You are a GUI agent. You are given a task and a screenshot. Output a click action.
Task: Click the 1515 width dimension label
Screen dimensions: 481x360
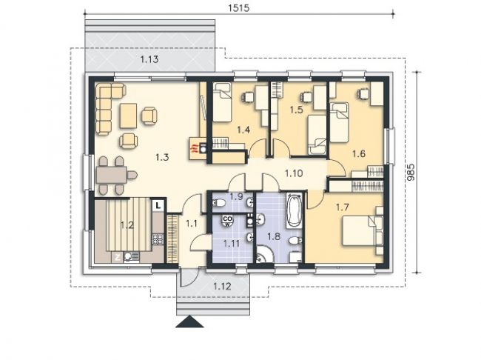239,8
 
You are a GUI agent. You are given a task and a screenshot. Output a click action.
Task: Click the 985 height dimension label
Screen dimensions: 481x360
411,173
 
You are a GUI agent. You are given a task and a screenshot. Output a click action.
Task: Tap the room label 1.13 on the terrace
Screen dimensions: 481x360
149,59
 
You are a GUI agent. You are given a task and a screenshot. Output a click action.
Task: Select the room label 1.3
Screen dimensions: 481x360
162,158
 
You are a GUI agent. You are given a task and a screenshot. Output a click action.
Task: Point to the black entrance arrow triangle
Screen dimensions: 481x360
189,321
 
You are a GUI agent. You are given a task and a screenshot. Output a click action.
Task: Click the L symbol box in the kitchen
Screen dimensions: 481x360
158,205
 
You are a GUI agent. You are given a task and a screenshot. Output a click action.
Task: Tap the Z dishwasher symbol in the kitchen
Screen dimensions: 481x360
117,257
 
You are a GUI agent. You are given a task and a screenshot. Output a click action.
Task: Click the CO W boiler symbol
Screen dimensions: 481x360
227,221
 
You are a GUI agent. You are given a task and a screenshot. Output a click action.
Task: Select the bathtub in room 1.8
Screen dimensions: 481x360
295,210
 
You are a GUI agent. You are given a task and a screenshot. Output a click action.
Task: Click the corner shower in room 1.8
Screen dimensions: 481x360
263,255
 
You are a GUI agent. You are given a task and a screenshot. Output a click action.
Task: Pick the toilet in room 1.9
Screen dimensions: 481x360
219,203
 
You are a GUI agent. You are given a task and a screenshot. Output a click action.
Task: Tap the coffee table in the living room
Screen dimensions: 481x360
128,116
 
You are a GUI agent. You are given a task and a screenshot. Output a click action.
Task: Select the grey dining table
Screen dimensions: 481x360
112,175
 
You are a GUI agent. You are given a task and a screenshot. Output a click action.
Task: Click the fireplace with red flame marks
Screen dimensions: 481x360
198,148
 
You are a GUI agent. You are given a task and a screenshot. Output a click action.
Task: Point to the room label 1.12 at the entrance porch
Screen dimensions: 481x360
222,287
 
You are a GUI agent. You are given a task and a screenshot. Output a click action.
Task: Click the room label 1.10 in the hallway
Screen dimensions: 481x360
294,173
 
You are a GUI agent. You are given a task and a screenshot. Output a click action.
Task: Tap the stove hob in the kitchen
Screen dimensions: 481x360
158,239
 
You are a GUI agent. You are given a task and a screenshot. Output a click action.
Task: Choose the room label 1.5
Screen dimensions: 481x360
296,110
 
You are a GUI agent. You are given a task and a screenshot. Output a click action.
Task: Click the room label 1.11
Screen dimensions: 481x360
232,244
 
